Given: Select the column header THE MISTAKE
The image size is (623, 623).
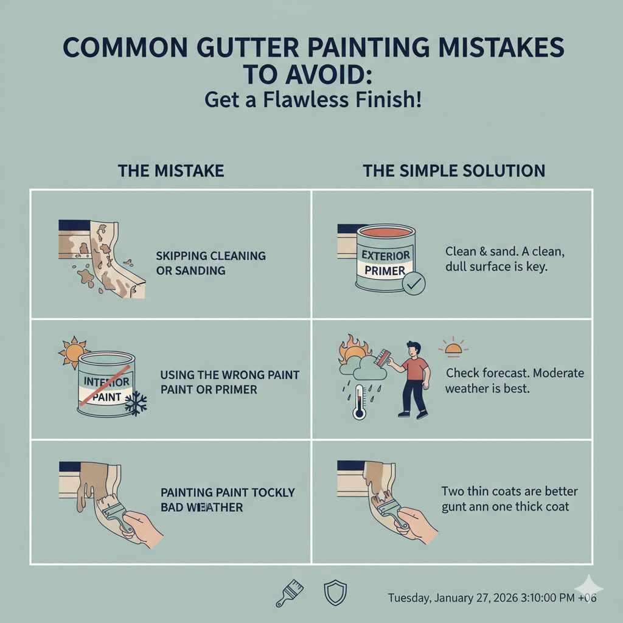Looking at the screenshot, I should click(x=171, y=171).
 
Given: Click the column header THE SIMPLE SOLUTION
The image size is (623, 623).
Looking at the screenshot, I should click(x=454, y=171).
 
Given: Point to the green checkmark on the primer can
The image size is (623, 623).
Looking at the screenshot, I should click(x=414, y=284).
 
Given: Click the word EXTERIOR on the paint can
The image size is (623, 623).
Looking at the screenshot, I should click(x=386, y=255).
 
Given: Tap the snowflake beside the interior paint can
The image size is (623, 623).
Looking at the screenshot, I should click(x=135, y=404).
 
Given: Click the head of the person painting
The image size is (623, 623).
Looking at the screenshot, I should click(x=414, y=349).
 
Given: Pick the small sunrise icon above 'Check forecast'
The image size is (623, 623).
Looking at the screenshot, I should click(x=453, y=348).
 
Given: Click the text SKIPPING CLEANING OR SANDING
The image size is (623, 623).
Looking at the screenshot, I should click(x=211, y=263).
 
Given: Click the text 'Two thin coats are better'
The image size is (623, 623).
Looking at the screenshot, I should click(x=509, y=491).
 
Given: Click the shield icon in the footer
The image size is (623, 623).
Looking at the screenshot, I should click(x=335, y=593).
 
